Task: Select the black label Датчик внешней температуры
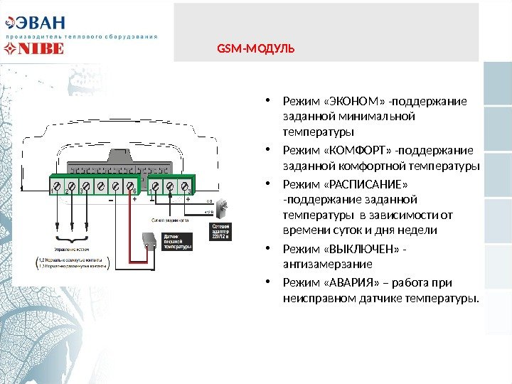click(x=177, y=242)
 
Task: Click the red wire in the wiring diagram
click(x=129, y=228)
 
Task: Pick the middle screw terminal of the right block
click(x=170, y=186)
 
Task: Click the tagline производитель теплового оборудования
click(x=81, y=35)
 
